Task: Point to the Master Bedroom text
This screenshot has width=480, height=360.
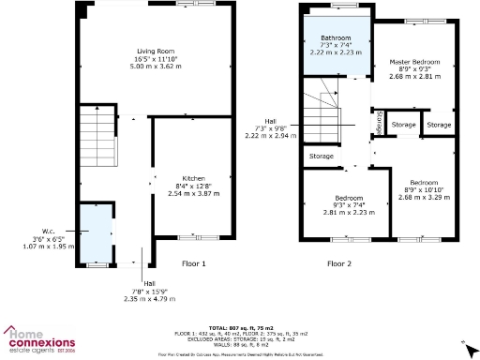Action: pyautogui.click(x=414, y=62)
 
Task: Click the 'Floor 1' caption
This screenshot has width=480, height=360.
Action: pyautogui.click(x=193, y=264)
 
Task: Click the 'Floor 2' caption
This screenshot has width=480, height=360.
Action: pyautogui.click(x=339, y=264)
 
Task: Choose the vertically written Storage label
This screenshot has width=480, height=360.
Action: pyautogui.click(x=378, y=123)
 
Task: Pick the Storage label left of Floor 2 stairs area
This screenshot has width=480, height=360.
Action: pyautogui.click(x=321, y=156)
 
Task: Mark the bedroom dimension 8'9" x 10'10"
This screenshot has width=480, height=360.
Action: pyautogui.click(x=424, y=191)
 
